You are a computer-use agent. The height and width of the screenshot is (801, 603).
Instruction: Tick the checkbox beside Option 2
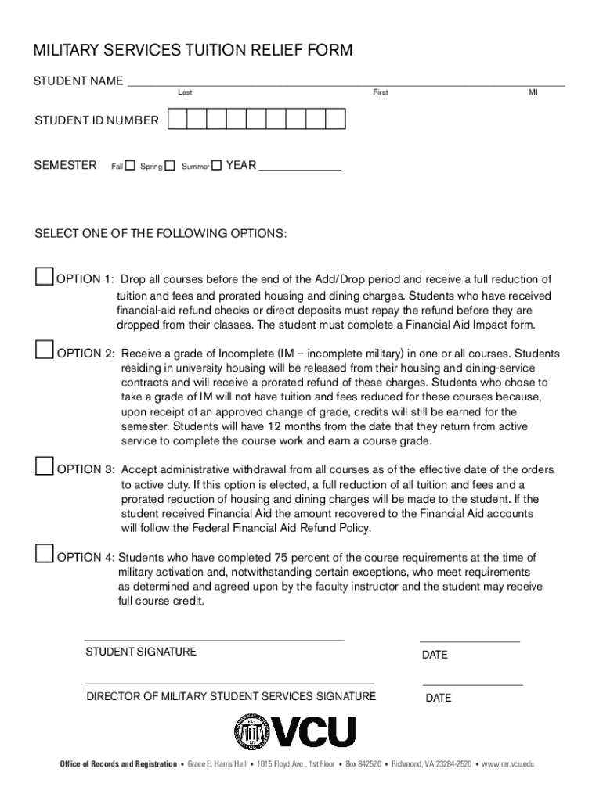pos(44,350)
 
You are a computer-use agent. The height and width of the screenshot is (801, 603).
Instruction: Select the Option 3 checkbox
pos(45,466)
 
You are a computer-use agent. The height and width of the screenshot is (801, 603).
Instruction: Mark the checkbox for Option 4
pos(45,554)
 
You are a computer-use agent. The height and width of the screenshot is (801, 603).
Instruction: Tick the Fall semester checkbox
pos(131,165)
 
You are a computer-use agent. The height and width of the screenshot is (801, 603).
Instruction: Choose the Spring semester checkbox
pos(170,165)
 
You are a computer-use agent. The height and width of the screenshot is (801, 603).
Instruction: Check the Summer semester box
pos(217,165)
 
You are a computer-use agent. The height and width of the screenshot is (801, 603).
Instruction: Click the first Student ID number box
pos(177,119)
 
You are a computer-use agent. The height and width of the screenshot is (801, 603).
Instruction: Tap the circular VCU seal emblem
pos(251,732)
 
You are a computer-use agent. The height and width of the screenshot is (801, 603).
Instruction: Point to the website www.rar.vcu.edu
pos(508,763)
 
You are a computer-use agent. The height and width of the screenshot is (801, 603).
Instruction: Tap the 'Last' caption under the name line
pos(185,92)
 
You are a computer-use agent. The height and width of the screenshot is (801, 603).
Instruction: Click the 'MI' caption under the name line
pos(533,92)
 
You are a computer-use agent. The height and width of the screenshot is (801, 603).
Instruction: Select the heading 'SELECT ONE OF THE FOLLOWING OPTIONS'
pos(161,234)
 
